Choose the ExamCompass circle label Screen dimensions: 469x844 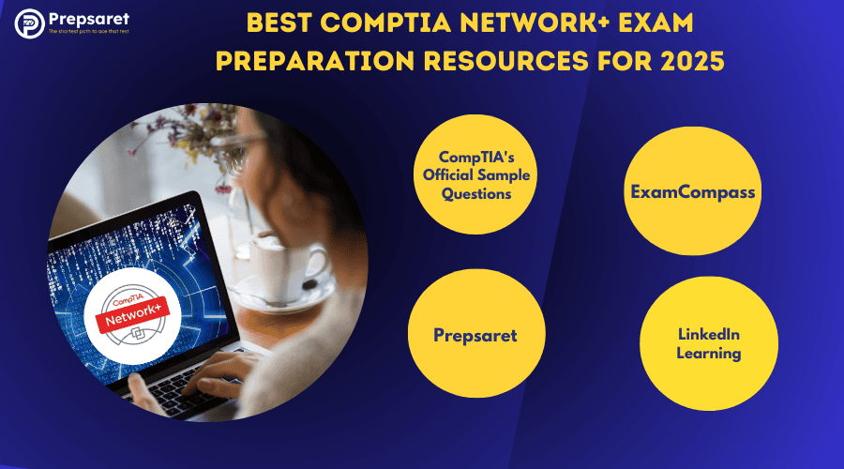tap(692, 192)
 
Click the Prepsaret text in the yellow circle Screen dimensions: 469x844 tap(475, 335)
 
